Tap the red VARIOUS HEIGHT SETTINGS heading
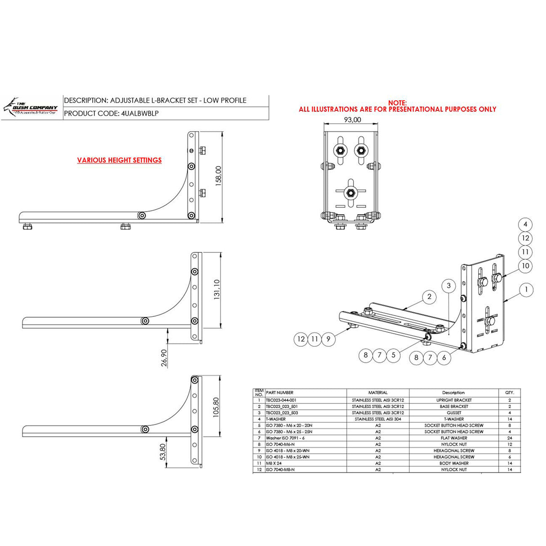[119, 160]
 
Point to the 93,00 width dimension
[352, 120]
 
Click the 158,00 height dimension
[219, 176]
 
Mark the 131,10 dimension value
[217, 290]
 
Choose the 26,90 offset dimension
[164, 358]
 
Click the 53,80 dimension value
[163, 452]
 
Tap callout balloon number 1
[526, 290]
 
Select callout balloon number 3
[448, 286]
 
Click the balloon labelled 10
[525, 266]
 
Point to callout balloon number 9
[328, 339]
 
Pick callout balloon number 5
[393, 355]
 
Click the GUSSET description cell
[453, 412]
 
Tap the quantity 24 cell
[509, 438]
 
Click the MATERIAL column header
[378, 393]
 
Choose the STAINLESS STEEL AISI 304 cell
[378, 419]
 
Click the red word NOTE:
[397, 103]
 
